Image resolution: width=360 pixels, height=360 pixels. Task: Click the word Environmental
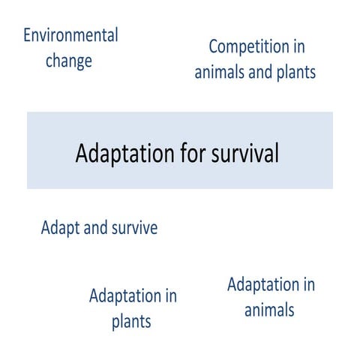[x=71, y=35]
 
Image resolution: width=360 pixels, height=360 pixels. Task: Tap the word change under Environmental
[x=69, y=61]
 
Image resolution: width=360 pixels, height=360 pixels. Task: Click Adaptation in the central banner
[x=121, y=153]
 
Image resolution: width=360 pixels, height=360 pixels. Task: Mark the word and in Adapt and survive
[x=95, y=228]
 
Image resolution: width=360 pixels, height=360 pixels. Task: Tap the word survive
[x=135, y=228]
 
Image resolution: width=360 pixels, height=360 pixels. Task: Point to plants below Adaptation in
[x=132, y=322]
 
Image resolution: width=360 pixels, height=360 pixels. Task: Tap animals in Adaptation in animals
[x=270, y=310]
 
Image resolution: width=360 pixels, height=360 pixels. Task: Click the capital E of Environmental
[x=28, y=35]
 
